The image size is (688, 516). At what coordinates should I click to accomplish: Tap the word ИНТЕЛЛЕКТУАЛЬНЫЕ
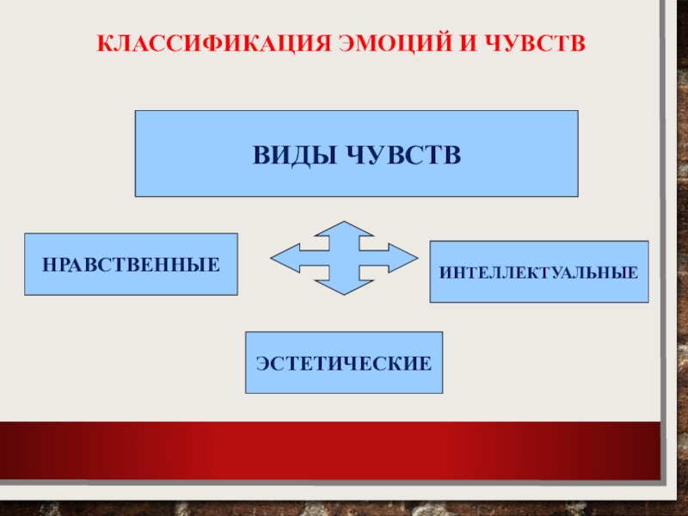539,273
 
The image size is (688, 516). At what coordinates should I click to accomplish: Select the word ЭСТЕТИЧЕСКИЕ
344,363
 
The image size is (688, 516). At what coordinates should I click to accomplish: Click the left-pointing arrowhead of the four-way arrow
281,257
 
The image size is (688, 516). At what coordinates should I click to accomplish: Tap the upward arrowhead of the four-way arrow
344,228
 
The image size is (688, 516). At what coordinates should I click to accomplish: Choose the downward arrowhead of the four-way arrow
344,286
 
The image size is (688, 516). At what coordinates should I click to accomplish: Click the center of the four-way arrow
344,257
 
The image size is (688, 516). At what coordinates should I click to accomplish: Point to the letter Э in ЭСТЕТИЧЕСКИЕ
261,363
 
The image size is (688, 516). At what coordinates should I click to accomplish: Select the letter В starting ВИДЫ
259,155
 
